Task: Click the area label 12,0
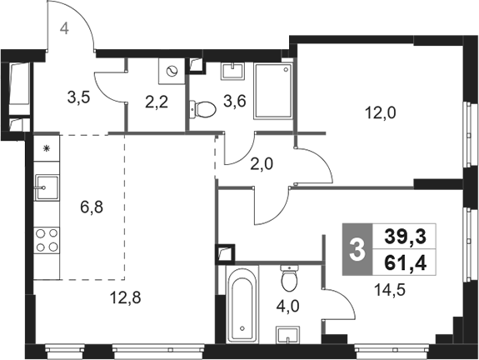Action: (x=381, y=113)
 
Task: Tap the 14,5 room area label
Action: (x=390, y=290)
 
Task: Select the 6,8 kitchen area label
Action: (x=92, y=207)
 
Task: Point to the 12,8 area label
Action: (x=126, y=297)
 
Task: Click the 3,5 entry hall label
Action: (x=79, y=98)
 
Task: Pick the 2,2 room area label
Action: (x=157, y=102)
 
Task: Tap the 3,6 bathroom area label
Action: (x=235, y=101)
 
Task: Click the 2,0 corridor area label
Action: (x=262, y=164)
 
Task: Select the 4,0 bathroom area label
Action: (x=287, y=306)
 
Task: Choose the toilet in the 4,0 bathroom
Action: (x=289, y=278)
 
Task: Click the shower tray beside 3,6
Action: (x=273, y=91)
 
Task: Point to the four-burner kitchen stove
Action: (x=47, y=240)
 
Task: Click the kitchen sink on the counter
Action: (x=47, y=187)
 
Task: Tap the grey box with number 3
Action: (x=357, y=249)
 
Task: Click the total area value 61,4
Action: (x=405, y=262)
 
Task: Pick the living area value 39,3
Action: (x=405, y=237)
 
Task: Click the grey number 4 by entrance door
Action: (x=64, y=29)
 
